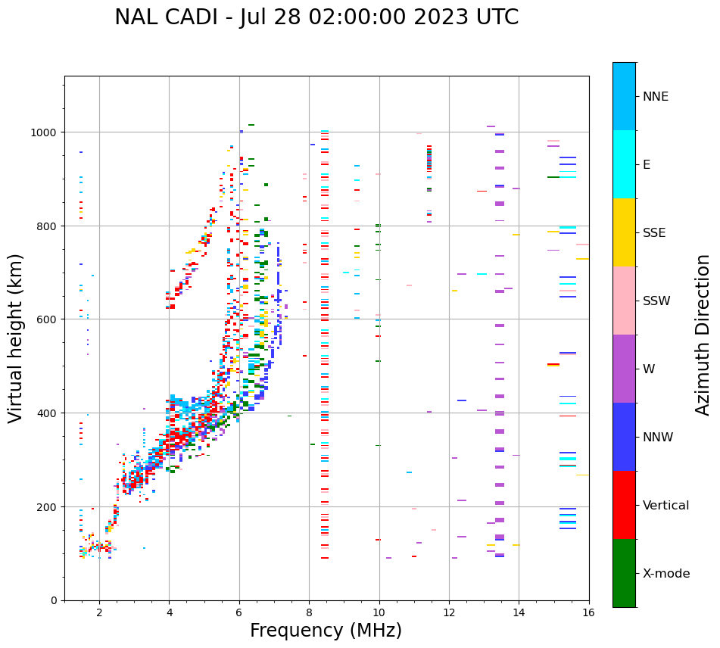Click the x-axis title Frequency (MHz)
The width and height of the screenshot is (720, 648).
(326, 631)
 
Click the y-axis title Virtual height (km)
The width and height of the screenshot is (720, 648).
(17, 338)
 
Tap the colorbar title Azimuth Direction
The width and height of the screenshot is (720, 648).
(703, 335)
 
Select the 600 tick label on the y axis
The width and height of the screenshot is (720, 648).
(48, 319)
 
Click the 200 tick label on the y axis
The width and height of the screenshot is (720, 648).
(48, 506)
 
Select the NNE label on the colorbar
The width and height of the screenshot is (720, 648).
(656, 97)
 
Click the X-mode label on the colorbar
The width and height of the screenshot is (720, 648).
(666, 574)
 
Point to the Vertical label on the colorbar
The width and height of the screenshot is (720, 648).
(666, 506)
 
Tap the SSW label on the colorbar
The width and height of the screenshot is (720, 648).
(656, 301)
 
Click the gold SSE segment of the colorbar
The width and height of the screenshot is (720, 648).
(624, 232)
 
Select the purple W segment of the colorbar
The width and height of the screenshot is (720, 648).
(624, 369)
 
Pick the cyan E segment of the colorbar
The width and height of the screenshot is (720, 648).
(624, 164)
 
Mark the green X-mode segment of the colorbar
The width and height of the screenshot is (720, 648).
(624, 573)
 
